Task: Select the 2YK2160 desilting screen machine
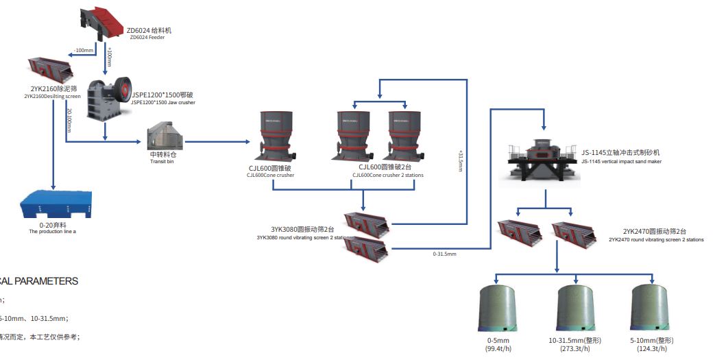click(x=51, y=69)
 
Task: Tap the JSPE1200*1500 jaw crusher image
click(x=110, y=100)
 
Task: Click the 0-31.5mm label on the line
click(x=444, y=254)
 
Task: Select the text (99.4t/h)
click(x=498, y=350)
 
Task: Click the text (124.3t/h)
click(x=650, y=350)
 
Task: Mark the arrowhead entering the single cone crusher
click(x=249, y=142)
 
